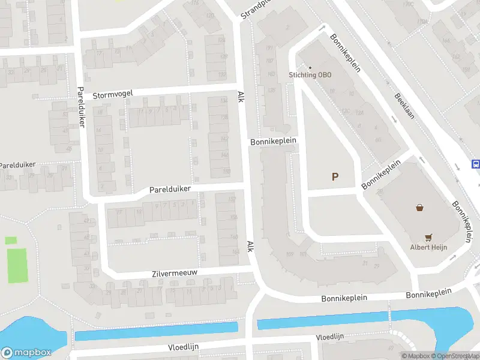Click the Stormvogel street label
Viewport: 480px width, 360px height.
[x=112, y=94]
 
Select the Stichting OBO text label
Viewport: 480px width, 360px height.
[x=310, y=75]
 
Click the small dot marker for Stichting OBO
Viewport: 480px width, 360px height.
[x=310, y=67]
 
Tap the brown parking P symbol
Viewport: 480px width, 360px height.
[x=335, y=176]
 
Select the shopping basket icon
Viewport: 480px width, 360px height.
[x=419, y=208]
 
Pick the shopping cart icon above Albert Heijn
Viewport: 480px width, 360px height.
[x=428, y=237]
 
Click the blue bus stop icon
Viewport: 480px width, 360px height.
[x=476, y=164]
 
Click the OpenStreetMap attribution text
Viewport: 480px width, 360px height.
[x=455, y=356]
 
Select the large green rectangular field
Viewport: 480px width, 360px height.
[x=17, y=266]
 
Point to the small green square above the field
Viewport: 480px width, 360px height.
[x=11, y=240]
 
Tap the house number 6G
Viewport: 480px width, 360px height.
[x=378, y=140]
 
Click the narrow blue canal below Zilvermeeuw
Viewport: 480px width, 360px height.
[x=156, y=331]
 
